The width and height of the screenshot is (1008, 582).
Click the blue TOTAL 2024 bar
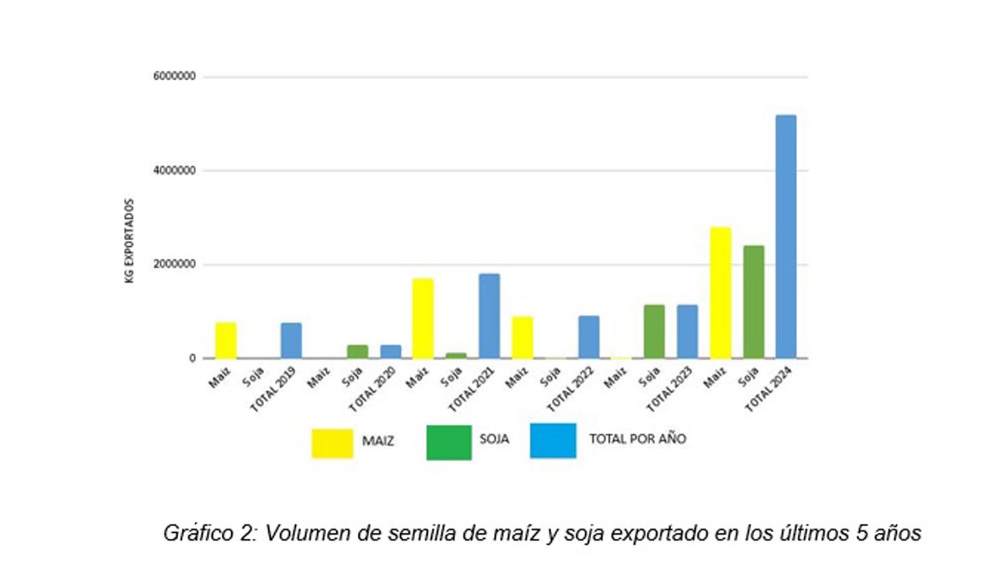pyautogui.click(x=786, y=236)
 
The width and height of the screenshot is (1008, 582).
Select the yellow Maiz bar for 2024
pyautogui.click(x=720, y=293)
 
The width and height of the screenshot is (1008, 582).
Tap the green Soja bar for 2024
pyautogui.click(x=753, y=301)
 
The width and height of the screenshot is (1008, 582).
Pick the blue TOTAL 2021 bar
pyautogui.click(x=489, y=316)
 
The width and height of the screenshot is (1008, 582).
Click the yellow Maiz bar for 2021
pyautogui.click(x=422, y=318)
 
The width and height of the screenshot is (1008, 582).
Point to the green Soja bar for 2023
pyautogui.click(x=654, y=331)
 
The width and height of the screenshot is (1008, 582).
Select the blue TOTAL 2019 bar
pyautogui.click(x=291, y=340)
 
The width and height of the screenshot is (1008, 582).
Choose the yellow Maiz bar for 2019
pyautogui.click(x=226, y=340)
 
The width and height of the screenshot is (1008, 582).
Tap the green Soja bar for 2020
pyautogui.click(x=357, y=351)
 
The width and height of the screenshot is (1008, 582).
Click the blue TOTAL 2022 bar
pyautogui.click(x=588, y=337)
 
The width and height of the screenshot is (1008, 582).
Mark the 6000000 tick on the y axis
pyautogui.click(x=174, y=76)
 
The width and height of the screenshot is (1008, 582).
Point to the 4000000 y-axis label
pyautogui.click(x=174, y=171)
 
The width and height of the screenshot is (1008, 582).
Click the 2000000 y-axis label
pyautogui.click(x=174, y=264)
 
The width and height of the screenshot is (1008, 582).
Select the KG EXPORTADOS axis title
pyautogui.click(x=129, y=241)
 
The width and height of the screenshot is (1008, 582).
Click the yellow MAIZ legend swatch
pyautogui.click(x=332, y=443)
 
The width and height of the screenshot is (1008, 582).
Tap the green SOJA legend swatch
pyautogui.click(x=448, y=442)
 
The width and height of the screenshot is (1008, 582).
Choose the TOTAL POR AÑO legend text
pyautogui.click(x=637, y=439)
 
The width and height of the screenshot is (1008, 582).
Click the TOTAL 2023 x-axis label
pyautogui.click(x=669, y=389)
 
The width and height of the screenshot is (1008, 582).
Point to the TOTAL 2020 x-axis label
pyautogui.click(x=371, y=389)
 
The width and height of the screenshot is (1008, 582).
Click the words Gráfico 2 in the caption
pyautogui.click(x=208, y=533)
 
